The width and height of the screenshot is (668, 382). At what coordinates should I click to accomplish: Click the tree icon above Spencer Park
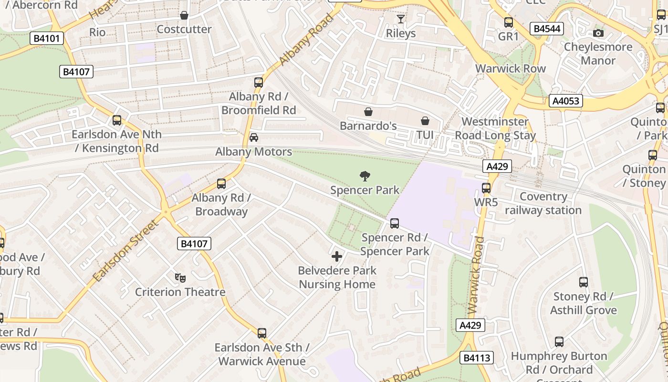[365, 176]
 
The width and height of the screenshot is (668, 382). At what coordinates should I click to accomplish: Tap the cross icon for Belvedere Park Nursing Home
[337, 256]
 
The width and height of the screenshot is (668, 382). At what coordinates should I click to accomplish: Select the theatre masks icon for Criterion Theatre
[180, 277]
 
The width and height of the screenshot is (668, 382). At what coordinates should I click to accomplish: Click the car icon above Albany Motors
[254, 138]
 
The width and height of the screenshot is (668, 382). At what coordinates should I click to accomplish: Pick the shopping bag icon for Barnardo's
[368, 112]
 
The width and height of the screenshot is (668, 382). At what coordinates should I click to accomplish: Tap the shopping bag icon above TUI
[425, 121]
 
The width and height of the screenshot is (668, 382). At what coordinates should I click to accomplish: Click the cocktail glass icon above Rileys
[401, 19]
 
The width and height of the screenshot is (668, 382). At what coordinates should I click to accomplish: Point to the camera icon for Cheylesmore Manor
[598, 33]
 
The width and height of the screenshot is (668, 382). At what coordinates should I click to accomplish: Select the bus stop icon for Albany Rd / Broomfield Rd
[259, 82]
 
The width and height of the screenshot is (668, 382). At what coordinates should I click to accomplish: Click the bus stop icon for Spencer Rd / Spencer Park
[395, 223]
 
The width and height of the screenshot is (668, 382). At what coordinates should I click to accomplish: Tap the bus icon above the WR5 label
[486, 188]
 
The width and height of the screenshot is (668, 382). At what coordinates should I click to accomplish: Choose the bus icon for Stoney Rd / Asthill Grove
[584, 282]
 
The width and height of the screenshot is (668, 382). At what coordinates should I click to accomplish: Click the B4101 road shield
[47, 38]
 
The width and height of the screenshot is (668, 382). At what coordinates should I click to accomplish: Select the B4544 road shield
[547, 29]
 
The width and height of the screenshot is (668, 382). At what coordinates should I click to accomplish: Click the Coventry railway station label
[543, 203]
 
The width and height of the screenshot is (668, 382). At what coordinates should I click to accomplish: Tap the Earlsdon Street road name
[125, 251]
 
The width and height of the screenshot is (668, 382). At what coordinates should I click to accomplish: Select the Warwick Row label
[510, 68]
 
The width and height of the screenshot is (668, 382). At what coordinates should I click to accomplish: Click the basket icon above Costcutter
[184, 15]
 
